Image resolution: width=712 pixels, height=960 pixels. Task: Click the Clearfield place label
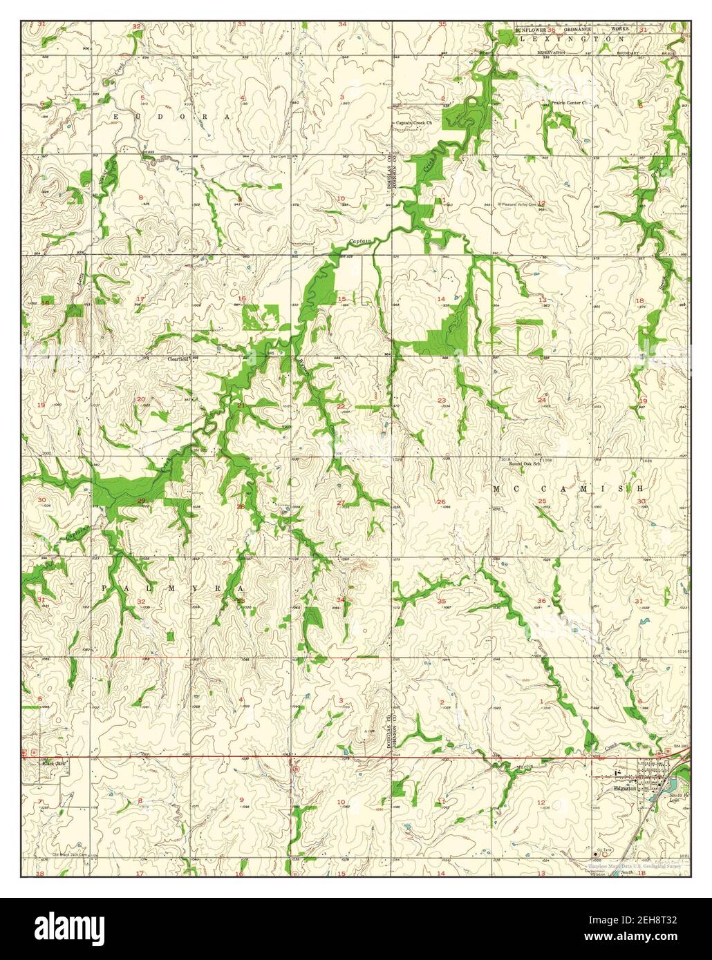click(x=178, y=359)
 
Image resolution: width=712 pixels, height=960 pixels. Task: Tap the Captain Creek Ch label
click(x=413, y=124)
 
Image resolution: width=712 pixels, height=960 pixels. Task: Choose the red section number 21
click(x=240, y=404)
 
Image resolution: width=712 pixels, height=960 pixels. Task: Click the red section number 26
click(x=441, y=502)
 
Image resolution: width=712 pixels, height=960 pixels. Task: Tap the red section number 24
click(x=542, y=401)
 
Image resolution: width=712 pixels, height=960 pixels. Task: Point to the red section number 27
click(x=340, y=502)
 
